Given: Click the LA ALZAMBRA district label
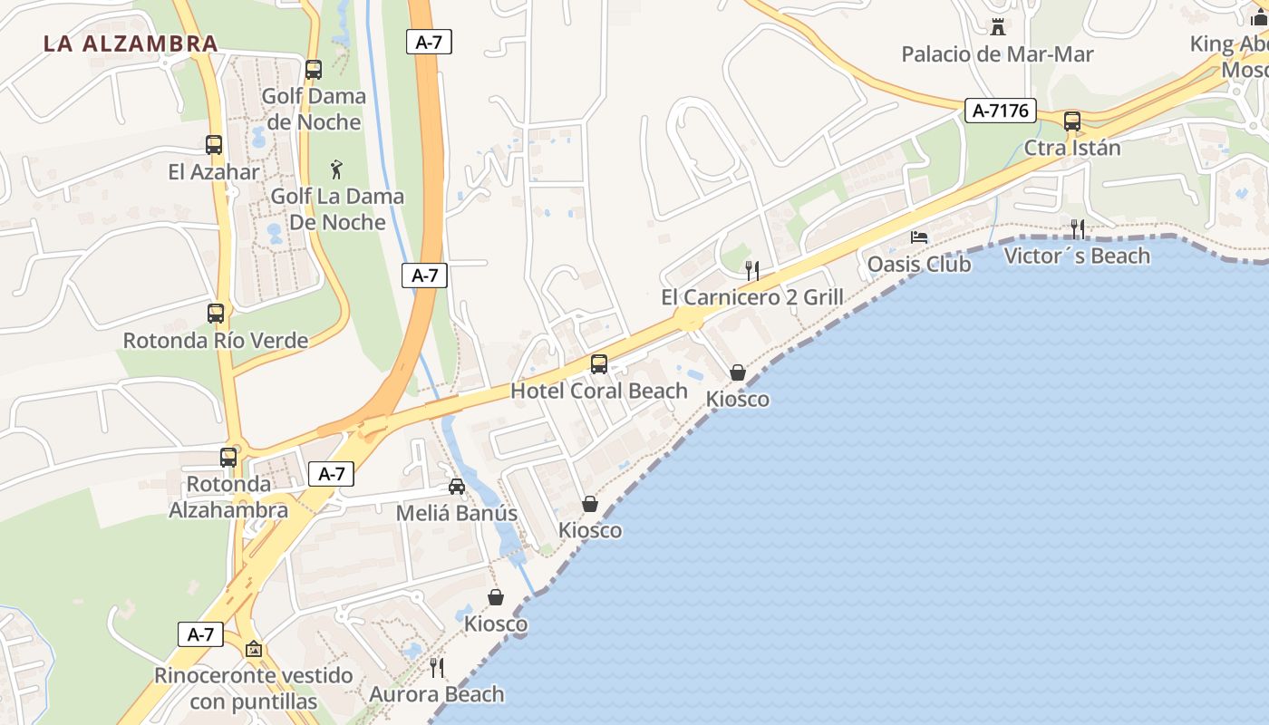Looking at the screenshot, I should [131, 43].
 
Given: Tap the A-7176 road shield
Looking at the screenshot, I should [1000, 111].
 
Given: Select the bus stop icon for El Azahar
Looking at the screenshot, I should [214, 145].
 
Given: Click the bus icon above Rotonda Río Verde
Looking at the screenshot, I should [216, 314].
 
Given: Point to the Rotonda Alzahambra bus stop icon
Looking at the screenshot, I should [228, 458].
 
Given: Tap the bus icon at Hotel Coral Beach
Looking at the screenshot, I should [599, 364].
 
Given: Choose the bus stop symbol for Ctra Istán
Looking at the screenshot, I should [1072, 121].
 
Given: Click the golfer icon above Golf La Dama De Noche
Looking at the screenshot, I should [337, 169].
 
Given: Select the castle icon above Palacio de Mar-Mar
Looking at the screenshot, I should [998, 27].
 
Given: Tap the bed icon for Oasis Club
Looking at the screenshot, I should [919, 237].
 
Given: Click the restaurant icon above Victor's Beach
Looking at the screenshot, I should [1077, 228].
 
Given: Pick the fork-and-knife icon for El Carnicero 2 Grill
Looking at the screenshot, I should [751, 270].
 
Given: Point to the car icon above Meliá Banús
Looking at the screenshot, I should [457, 487].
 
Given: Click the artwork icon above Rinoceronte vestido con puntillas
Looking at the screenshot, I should [254, 649].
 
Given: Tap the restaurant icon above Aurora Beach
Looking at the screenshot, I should [437, 668].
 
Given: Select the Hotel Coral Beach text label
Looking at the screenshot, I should [599, 391].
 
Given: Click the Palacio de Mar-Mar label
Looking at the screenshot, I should [997, 54].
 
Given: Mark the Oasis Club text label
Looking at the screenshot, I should [919, 265].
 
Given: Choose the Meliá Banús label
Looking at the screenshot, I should [457, 514].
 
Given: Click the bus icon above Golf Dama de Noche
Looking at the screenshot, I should [314, 70].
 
